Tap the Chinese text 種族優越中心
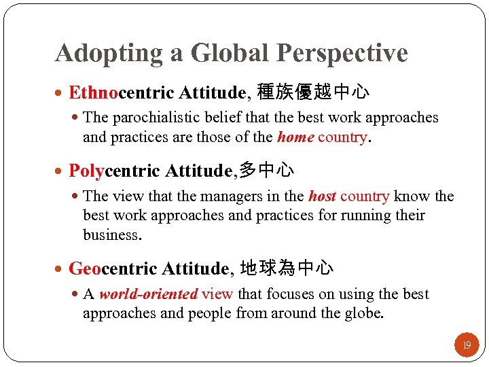click(313, 92)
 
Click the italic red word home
click(295, 137)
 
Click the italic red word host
click(323, 196)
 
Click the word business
click(111, 235)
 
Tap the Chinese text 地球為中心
click(287, 268)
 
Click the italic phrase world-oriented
click(148, 294)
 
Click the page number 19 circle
click(467, 345)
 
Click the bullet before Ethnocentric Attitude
click(61, 92)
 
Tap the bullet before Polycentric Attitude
click(61, 171)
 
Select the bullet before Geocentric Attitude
click(61, 269)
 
